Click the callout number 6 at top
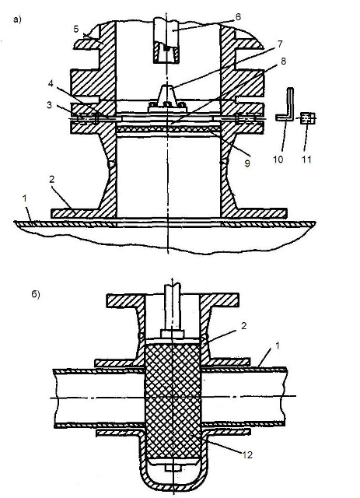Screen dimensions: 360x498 (238, 16)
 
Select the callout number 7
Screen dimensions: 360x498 (279, 44)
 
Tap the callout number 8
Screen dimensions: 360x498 (283, 61)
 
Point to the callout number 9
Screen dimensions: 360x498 (247, 163)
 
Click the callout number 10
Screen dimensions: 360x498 (278, 159)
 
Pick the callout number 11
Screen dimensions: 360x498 (306, 159)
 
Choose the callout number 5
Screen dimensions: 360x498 (76, 29)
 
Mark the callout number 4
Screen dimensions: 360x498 (51, 84)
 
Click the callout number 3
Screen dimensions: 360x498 (50, 104)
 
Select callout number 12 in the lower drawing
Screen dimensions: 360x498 (247, 454)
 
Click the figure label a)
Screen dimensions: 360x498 (17, 19)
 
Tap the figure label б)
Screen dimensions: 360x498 (36, 295)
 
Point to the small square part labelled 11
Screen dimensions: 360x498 (307, 118)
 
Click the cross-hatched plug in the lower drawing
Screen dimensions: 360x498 (173, 401)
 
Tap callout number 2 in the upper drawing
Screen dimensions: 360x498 (52, 180)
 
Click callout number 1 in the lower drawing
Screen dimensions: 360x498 (277, 345)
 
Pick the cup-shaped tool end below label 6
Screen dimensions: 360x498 (166, 53)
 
